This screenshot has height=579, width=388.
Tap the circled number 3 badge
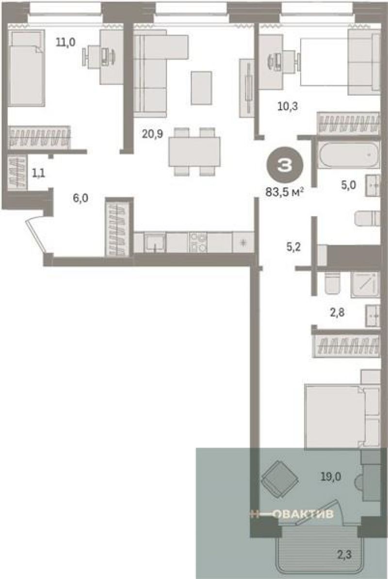point(285,166)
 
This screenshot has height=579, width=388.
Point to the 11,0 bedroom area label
point(65,42)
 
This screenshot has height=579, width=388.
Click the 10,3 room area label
point(288,107)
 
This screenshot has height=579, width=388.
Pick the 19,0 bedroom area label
point(330,477)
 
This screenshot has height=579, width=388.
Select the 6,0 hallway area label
point(81,198)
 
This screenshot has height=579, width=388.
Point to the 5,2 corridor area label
point(293,247)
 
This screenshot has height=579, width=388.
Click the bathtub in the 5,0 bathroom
point(349,155)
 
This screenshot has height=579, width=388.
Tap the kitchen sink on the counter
point(155,242)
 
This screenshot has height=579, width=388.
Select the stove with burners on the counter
point(198,242)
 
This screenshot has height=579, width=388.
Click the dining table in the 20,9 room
point(194,151)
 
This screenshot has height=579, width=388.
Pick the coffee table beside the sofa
point(201,88)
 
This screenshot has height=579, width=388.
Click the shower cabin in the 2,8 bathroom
point(365,285)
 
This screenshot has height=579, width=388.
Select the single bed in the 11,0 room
point(27,69)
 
